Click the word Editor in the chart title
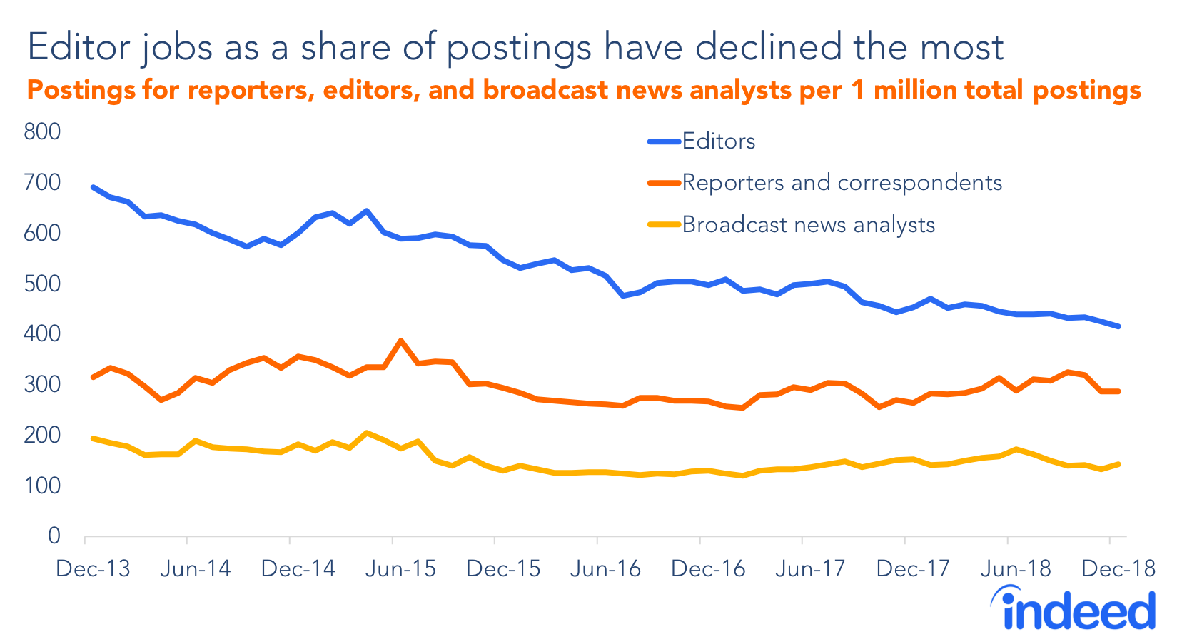click(79, 47)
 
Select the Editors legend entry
click(718, 141)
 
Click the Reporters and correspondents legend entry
click(842, 183)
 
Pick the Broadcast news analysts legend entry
click(808, 225)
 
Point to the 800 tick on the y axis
click(42, 131)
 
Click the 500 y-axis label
click(42, 284)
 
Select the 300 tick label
click(42, 384)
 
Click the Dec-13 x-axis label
click(93, 568)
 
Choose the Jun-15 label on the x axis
click(400, 568)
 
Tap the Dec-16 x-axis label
click(708, 568)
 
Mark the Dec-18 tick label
click(1118, 568)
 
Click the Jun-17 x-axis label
click(810, 568)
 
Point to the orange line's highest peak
click(401, 341)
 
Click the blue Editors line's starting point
click(94, 187)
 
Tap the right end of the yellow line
click(1118, 464)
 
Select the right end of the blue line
click(1118, 326)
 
